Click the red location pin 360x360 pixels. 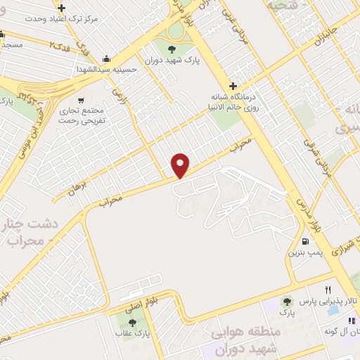tap(181, 165)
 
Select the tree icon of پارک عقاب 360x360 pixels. tap(132, 322)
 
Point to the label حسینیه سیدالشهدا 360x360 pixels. tap(105, 70)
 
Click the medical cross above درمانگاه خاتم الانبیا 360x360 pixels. tap(233, 86)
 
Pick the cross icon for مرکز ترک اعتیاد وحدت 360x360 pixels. tap(62, 8)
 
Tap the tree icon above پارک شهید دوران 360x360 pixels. tap(172, 48)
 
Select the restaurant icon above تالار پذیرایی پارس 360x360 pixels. tap(328, 290)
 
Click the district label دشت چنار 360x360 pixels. tap(28, 225)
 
